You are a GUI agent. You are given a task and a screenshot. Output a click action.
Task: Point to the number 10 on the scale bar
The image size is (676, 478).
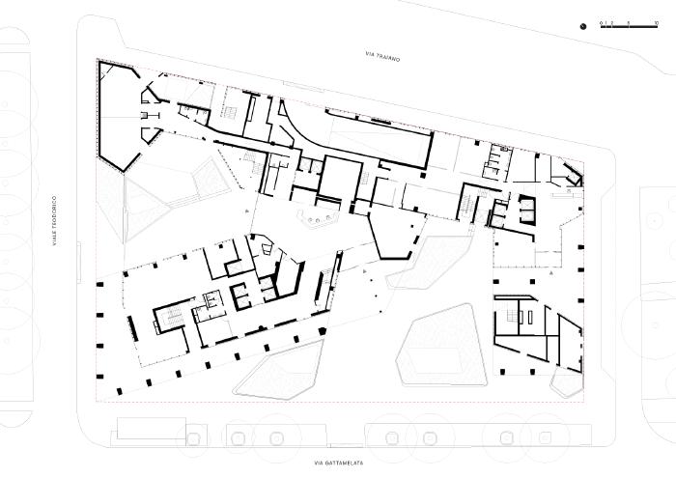click(656, 21)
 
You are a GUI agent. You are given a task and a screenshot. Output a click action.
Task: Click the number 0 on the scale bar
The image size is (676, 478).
click(601, 21)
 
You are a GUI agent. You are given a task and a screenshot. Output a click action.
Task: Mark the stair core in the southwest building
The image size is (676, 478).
click(172, 319)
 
